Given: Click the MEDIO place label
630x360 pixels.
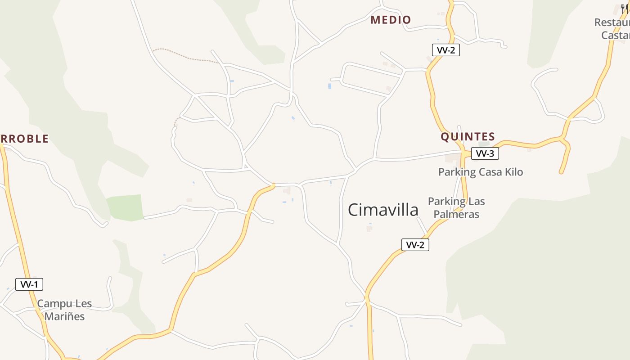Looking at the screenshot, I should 391,20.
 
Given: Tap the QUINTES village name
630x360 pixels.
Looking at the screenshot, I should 468,137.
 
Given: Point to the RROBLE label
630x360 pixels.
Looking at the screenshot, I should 25,139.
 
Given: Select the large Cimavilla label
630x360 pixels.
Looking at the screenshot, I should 383,210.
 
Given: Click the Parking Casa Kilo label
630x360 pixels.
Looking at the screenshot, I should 481,172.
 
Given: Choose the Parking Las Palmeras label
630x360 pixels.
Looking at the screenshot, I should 456,207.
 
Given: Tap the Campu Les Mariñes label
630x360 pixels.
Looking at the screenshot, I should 64,310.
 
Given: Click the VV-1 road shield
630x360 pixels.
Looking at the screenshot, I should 29,284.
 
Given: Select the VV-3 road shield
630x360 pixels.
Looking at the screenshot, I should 485,154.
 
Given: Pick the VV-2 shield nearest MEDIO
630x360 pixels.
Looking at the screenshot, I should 445,50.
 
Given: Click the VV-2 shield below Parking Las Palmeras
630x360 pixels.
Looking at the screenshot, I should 415,245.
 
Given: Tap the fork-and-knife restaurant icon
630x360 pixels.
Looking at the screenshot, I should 625,8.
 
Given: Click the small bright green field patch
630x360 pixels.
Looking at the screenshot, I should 125,207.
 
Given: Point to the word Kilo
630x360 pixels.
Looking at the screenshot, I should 513,172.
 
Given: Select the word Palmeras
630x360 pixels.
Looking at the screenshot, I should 456,214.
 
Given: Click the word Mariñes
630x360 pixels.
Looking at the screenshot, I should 64,316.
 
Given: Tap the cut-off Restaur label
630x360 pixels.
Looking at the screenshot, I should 612,22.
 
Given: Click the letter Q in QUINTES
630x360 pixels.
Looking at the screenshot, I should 445,137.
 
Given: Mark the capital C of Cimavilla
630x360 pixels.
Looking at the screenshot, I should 354,210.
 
